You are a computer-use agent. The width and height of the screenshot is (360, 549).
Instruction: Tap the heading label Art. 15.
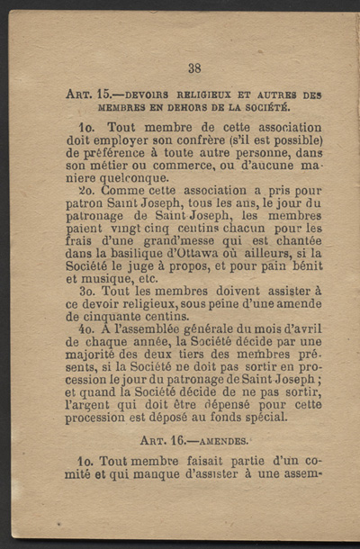(x=91, y=94)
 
